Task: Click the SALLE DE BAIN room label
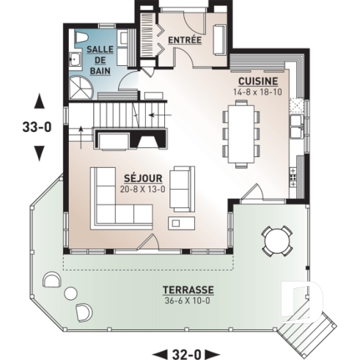98,59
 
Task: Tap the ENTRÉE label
184,40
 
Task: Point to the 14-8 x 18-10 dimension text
257,92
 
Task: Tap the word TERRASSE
189,290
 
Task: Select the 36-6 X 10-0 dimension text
189,301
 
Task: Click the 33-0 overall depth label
37,126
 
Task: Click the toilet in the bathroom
81,37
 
